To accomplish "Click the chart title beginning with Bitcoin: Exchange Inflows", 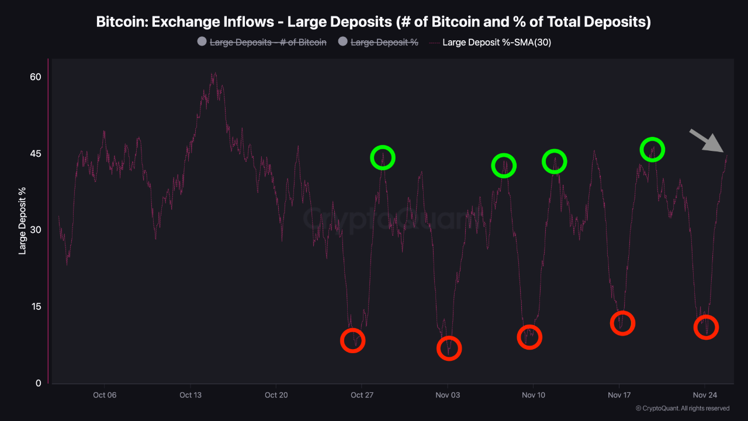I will pyautogui.click(x=373, y=22).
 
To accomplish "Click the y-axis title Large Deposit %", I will pyautogui.click(x=23, y=221).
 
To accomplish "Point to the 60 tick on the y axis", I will pyautogui.click(x=35, y=77).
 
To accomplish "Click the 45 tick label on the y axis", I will pyautogui.click(x=35, y=154).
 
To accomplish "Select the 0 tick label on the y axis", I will pyautogui.click(x=38, y=384).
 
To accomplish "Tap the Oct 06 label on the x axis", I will pyautogui.click(x=105, y=395).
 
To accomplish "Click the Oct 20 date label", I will pyautogui.click(x=276, y=395).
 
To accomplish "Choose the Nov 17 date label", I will pyautogui.click(x=619, y=395).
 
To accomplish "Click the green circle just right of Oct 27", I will pyautogui.click(x=383, y=158).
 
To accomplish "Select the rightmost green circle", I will pyautogui.click(x=652, y=150).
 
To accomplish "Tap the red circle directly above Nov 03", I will pyautogui.click(x=449, y=348).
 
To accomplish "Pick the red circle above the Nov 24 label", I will pyautogui.click(x=706, y=327).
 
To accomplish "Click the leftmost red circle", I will pyautogui.click(x=352, y=340).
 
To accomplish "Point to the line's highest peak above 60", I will pyautogui.click(x=214, y=74).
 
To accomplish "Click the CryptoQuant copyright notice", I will pyautogui.click(x=682, y=408).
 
